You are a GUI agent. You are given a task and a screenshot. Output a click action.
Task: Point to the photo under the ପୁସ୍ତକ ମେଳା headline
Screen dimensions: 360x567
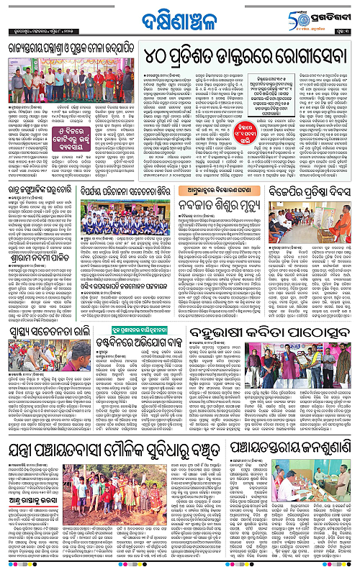tap(69, 83)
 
